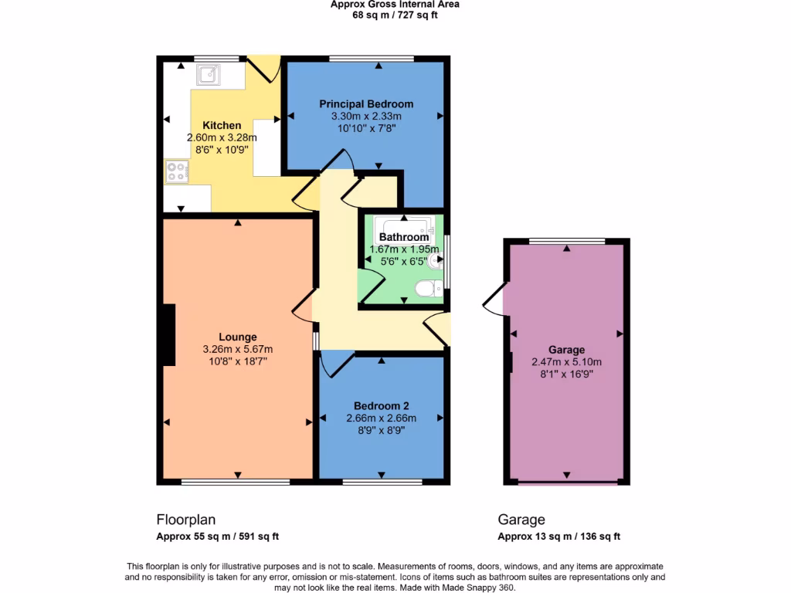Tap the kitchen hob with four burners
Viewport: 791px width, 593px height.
(x=176, y=171)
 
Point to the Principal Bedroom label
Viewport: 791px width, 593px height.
(x=366, y=104)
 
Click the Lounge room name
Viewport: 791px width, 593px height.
(x=238, y=337)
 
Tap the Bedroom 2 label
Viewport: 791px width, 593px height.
(x=382, y=406)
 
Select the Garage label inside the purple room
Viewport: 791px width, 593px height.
(x=567, y=350)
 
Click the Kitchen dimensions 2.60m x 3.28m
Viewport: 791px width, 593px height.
(x=222, y=137)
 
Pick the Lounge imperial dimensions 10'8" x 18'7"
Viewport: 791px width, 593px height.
(x=238, y=361)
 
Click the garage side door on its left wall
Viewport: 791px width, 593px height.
(x=494, y=300)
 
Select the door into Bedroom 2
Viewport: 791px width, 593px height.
(x=336, y=362)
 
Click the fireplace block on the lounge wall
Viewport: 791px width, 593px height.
(x=168, y=334)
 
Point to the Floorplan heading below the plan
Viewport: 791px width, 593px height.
(x=185, y=520)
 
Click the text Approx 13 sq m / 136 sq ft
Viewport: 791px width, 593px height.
(x=558, y=537)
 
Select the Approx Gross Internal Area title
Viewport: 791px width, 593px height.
(x=395, y=4)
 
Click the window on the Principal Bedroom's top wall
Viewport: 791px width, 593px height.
(x=371, y=59)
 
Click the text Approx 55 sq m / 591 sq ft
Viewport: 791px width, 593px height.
(x=218, y=537)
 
